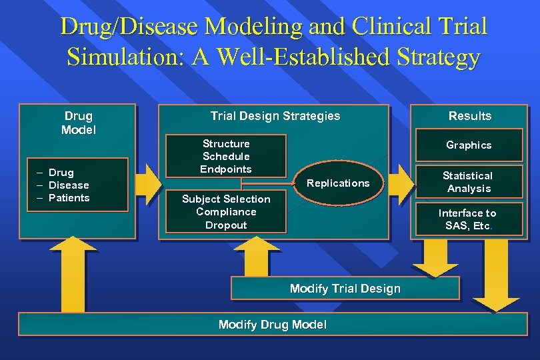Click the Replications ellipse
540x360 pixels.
tap(338, 183)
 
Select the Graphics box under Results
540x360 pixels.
tap(469, 145)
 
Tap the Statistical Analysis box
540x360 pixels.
tap(467, 182)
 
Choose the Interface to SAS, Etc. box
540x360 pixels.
tap(467, 219)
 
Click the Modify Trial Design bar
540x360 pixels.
tap(345, 289)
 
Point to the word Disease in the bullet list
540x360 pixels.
tap(69, 185)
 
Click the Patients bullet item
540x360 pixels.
tap(69, 198)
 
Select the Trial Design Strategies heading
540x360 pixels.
tap(275, 116)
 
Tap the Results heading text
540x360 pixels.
tap(469, 116)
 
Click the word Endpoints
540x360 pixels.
tap(226, 169)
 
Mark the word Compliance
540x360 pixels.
tap(226, 212)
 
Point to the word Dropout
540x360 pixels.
tap(226, 225)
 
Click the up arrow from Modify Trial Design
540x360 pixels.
tap(253, 256)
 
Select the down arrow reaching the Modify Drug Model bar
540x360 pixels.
tap(495, 273)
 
